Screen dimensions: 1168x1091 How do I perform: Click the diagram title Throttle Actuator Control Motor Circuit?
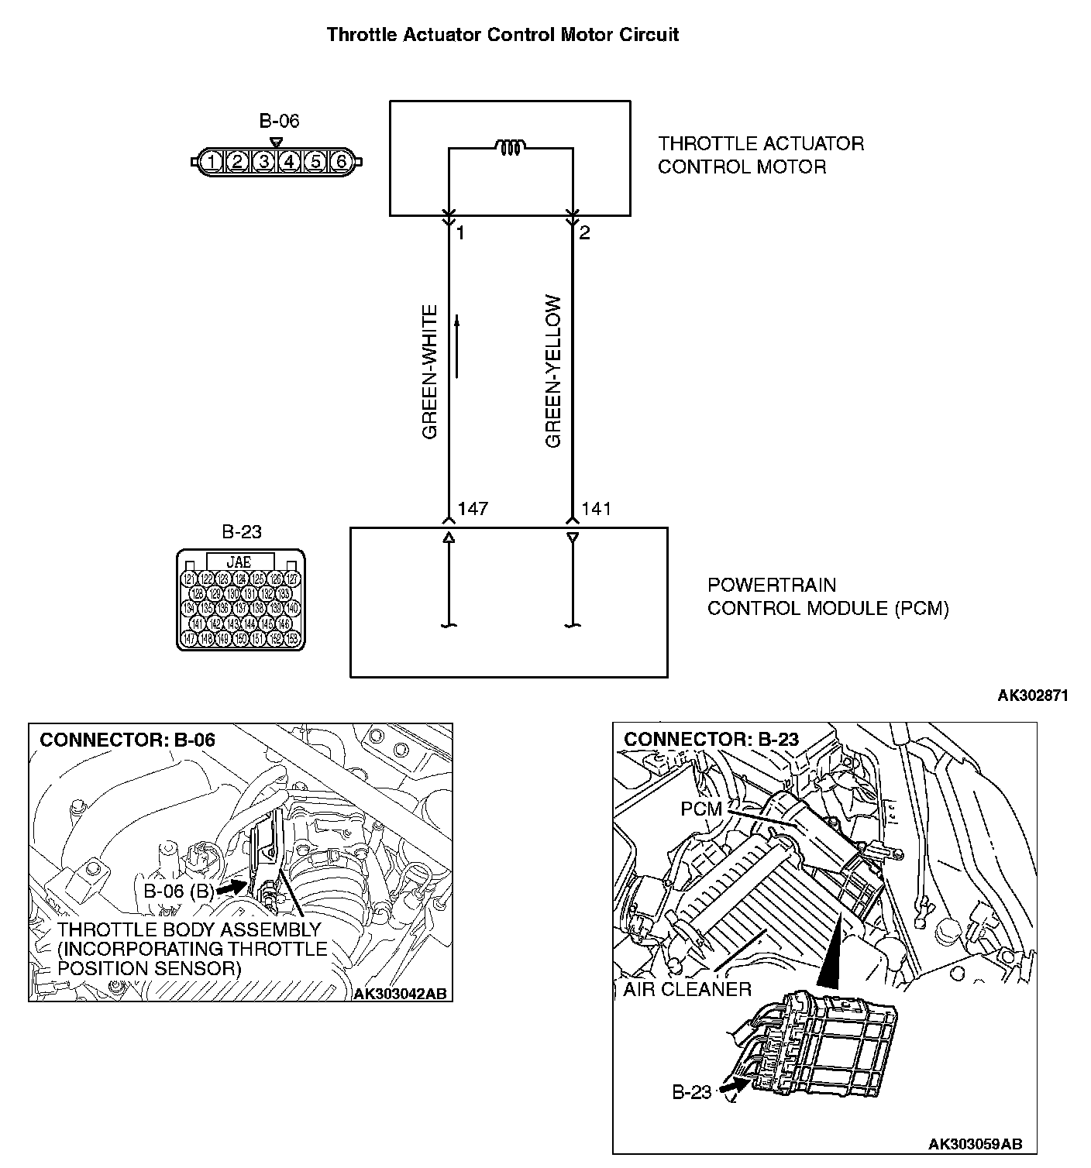point(503,35)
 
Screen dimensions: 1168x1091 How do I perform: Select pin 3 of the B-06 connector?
point(263,162)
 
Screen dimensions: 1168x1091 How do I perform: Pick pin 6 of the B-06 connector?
point(340,162)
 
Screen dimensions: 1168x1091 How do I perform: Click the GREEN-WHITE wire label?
point(430,372)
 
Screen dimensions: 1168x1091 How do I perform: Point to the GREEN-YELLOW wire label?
point(553,371)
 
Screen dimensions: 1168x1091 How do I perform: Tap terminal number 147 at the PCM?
point(473,509)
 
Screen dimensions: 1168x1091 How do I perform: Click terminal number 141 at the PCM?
point(596,509)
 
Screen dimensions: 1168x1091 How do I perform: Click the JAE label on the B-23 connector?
point(239,562)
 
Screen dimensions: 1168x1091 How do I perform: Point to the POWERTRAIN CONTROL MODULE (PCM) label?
point(828,596)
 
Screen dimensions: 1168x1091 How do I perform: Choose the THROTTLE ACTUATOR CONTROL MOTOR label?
point(761,155)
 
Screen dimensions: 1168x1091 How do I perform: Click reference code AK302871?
point(1032,696)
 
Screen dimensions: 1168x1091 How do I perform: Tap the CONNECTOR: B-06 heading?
point(127,740)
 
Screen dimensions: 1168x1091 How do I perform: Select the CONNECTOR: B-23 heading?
point(711,740)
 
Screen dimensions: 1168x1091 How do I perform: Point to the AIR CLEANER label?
point(687,989)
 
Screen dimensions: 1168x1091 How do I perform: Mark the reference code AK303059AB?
point(975,1143)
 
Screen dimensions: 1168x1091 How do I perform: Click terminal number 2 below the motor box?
point(585,232)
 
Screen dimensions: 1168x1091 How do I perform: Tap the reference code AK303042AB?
point(400,994)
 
